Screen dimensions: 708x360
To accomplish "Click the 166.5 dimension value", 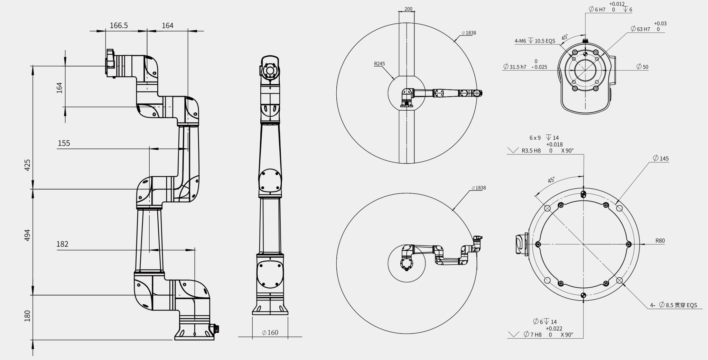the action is pos(119,26).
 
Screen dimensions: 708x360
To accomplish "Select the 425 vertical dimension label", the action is pos(27,165).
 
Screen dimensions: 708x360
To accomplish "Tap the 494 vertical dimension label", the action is pos(27,235).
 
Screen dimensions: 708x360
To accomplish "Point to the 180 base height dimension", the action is pos(27,316).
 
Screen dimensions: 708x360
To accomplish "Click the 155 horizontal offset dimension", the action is pos(64,143).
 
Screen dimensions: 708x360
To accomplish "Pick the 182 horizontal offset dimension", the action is pos(62,244).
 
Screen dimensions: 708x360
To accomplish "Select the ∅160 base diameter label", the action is pos(270,333).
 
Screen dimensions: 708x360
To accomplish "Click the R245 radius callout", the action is pos(379,64).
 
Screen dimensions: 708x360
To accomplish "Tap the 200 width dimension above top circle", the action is pos(408,9).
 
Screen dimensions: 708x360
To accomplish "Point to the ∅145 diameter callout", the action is pos(661,158).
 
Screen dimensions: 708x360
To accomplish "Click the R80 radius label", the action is pos(660,241).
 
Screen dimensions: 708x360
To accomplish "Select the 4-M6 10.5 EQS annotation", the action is pos(535,41).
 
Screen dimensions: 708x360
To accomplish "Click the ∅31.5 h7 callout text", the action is pos(525,65).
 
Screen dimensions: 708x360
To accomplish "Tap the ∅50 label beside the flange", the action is pos(643,67).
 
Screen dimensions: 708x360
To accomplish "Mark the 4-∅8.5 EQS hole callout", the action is pos(673,305).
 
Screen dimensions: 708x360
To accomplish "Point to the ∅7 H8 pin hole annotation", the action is pos(548,332).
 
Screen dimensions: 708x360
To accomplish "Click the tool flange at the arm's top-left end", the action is pos(110,63).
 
